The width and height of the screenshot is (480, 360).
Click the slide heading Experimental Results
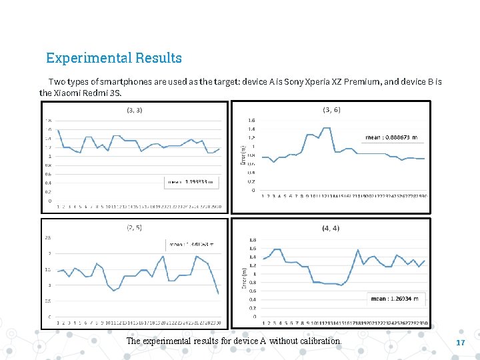pyautogui.click(x=114, y=58)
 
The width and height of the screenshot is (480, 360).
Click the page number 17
pyautogui.click(x=460, y=342)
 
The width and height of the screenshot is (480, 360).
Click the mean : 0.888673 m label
pyautogui.click(x=392, y=137)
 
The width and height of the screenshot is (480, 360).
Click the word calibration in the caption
pyautogui.click(x=321, y=341)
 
